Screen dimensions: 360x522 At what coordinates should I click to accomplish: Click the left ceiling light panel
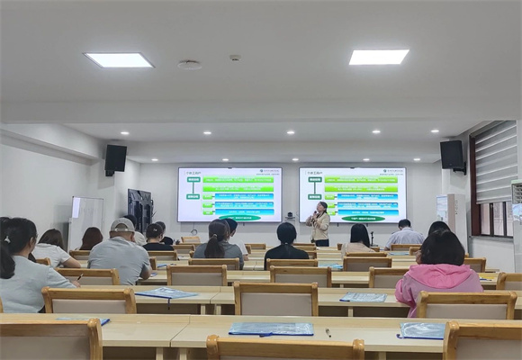tap(119, 60)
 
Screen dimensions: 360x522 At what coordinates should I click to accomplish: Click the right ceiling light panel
tap(378, 57)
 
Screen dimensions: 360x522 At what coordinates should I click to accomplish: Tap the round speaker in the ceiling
tap(189, 65)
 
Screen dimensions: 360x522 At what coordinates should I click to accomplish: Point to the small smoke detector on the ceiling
tap(234, 58)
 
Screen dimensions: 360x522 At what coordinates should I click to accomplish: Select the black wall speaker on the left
tap(115, 158)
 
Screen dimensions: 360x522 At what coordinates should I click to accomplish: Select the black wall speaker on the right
tap(452, 154)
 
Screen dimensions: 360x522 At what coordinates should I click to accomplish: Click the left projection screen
tap(229, 194)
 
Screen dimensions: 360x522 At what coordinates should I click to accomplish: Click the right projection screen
tap(352, 194)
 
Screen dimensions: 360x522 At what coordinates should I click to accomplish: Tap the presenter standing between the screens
tap(319, 224)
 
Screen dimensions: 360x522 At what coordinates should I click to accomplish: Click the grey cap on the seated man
tap(121, 225)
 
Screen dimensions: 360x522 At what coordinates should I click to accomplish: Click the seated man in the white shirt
tap(404, 235)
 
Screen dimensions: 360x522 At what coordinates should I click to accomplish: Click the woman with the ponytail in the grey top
tap(219, 243)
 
